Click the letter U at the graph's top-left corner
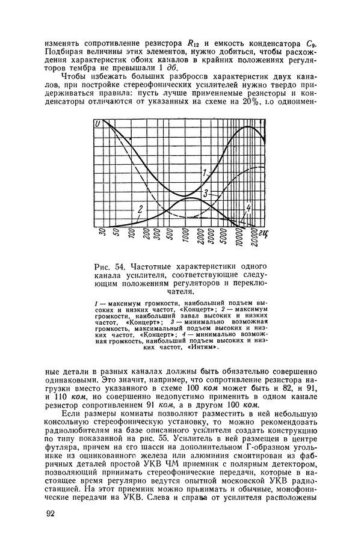coord(97,124)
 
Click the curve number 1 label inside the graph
coord(204,173)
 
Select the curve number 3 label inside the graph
coord(206,194)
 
